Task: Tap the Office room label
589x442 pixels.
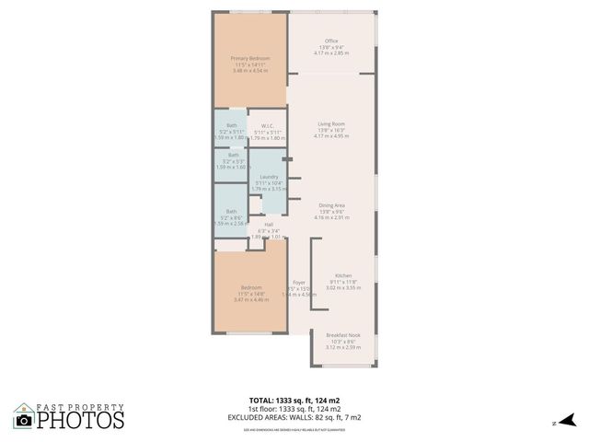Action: tap(331, 41)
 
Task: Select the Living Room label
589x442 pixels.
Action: tap(331, 123)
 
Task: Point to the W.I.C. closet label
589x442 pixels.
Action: tap(269, 125)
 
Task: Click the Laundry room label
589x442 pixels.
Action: tap(269, 176)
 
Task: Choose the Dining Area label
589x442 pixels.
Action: tap(331, 204)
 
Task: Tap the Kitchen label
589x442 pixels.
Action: tap(343, 275)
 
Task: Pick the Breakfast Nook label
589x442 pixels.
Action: tap(343, 335)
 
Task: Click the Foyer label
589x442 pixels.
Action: tap(299, 282)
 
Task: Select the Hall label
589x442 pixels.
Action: tap(269, 224)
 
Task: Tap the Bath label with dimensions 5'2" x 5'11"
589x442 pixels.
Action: tap(232, 125)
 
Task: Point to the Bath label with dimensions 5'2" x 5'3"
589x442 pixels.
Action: tap(232, 155)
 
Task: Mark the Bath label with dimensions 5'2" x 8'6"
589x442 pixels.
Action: tap(232, 211)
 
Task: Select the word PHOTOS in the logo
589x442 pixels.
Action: tap(80, 420)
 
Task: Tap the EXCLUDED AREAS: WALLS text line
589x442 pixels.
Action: tap(294, 417)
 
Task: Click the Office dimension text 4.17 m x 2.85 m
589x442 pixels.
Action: tap(331, 53)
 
